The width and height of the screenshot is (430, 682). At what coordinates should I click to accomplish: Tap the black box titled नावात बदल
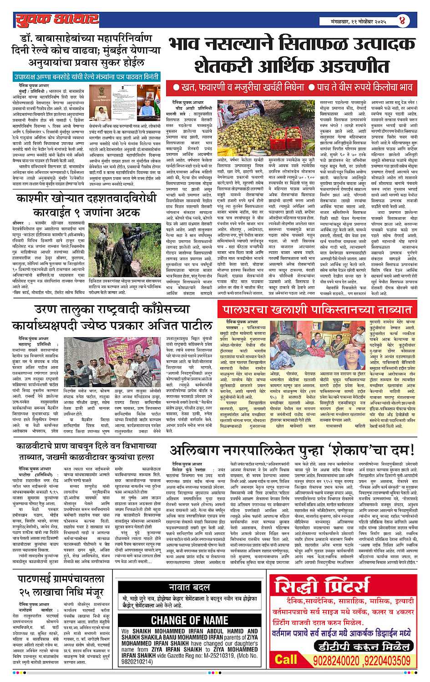tap(189, 586)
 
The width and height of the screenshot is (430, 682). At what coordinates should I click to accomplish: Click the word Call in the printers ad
tap(286, 659)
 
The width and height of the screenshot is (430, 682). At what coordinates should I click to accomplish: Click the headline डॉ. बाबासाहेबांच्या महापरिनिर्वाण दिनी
tap(82, 50)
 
